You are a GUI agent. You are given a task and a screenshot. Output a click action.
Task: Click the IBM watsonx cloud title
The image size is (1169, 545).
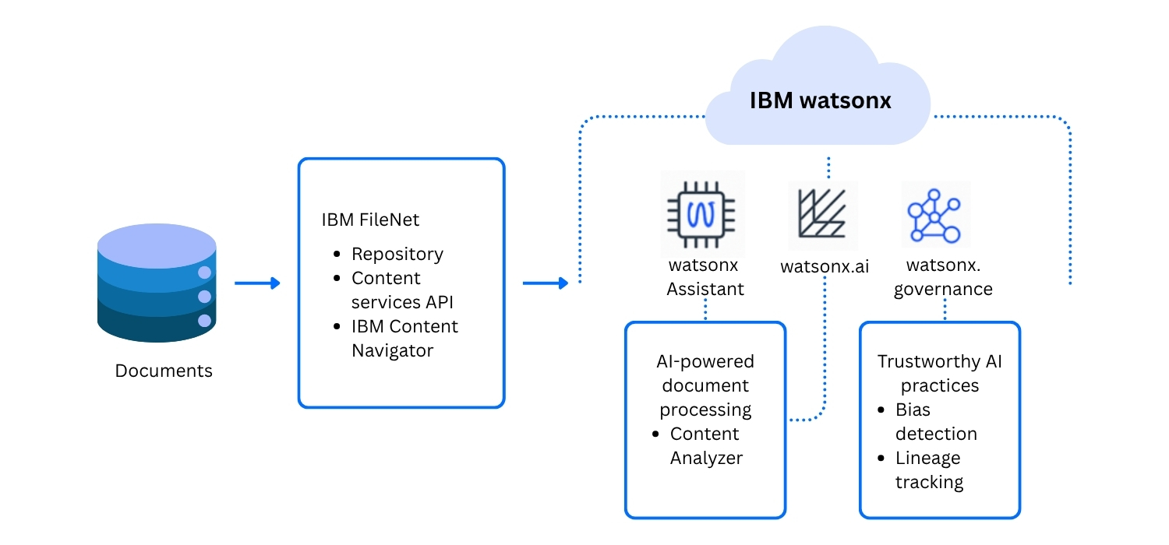(x=820, y=100)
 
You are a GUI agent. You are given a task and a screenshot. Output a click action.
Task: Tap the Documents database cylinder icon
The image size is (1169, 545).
(x=157, y=283)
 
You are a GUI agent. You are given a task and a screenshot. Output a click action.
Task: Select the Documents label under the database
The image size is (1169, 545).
(x=164, y=371)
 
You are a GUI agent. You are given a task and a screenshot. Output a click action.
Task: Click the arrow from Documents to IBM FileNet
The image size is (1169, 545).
(x=257, y=283)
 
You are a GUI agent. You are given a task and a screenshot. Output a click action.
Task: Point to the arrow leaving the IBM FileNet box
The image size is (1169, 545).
(x=546, y=283)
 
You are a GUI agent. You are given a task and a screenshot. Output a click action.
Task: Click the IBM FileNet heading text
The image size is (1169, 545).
(x=370, y=220)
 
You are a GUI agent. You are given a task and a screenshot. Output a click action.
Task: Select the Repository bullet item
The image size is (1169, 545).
(x=397, y=254)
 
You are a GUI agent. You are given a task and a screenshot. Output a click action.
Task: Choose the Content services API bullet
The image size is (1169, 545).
(x=401, y=290)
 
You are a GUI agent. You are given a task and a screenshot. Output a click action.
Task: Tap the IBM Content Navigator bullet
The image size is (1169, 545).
(x=404, y=338)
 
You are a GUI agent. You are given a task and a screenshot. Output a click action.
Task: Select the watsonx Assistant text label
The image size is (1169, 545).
(x=705, y=277)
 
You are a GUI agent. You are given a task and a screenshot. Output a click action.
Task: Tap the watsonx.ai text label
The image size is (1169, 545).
(x=825, y=267)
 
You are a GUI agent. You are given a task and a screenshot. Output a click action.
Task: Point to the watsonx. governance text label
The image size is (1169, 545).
(x=943, y=277)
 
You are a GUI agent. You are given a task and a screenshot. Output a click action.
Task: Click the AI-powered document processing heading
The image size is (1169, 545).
(x=705, y=385)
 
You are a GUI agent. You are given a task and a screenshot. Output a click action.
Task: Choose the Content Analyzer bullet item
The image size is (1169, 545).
(x=705, y=445)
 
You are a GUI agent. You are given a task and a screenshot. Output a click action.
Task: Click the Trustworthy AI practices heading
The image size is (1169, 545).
(x=939, y=373)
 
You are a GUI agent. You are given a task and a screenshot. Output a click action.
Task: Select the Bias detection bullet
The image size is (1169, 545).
(x=935, y=421)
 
